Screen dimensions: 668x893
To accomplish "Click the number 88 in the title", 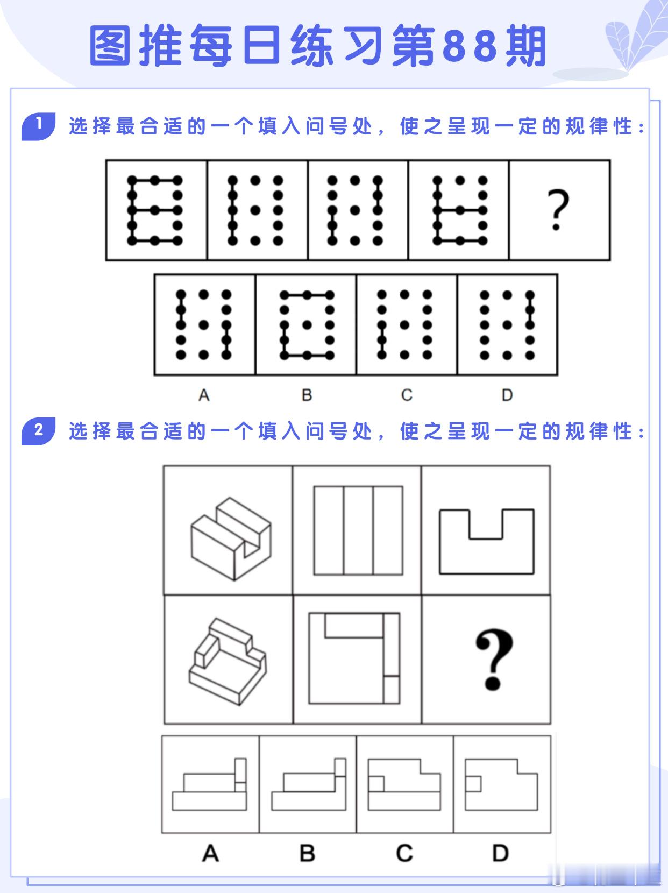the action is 470,46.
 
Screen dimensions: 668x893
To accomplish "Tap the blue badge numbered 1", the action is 38,126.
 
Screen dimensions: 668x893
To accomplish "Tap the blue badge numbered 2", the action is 38,431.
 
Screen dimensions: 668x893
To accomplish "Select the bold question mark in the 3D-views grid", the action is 493,659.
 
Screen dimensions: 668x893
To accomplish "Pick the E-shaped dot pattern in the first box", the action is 155,210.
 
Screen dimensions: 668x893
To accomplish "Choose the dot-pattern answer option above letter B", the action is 307,324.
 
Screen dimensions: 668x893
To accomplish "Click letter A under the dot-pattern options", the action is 204,395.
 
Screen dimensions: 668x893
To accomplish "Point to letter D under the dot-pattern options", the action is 507,395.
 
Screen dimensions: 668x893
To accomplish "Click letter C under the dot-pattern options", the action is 407,395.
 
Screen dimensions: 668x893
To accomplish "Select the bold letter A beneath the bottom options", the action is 210,853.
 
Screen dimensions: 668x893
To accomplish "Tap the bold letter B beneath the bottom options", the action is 307,853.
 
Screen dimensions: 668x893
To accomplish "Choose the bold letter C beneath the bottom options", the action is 404,853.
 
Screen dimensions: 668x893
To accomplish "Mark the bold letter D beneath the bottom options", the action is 501,853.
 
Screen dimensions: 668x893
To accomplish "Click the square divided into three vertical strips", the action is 358,530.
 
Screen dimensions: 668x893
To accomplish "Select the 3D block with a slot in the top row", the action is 231,538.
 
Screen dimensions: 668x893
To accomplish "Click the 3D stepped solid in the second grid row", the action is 228,662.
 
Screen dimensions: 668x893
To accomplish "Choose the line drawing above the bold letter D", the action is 502,784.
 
